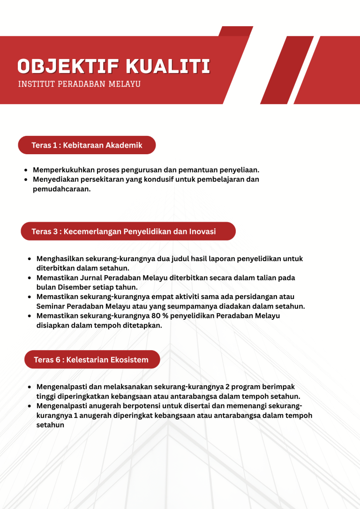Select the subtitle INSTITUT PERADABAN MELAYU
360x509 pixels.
[x=79, y=84]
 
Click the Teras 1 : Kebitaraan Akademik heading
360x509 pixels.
[x=87, y=145]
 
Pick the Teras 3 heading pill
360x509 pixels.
[x=127, y=232]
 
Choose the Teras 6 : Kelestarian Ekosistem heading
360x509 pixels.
[x=91, y=360]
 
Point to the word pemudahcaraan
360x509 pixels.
[x=61, y=189]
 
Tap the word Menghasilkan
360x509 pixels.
[x=60, y=259]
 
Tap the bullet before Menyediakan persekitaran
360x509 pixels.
[x=26, y=180]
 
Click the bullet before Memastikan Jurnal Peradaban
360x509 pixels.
[x=30, y=278]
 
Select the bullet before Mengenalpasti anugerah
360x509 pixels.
[x=30, y=406]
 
